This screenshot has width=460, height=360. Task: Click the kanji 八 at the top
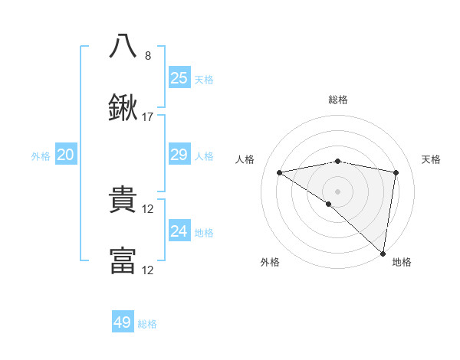pos(123,45)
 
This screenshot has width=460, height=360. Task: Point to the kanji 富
pos(123,260)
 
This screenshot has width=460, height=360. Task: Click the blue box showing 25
pos(179,77)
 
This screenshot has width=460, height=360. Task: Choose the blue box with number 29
pos(179,155)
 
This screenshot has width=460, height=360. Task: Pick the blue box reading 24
pos(179,231)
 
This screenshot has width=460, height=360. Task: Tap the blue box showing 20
pos(66,155)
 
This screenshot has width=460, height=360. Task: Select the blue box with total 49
pos(123,322)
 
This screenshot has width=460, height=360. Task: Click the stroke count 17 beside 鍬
pos(148,117)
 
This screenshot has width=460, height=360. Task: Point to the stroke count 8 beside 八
pos(148,55)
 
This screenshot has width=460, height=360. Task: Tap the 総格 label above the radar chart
pos(338,100)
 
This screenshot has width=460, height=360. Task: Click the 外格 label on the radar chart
pos(270,262)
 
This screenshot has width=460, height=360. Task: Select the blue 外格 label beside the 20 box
pos(41,156)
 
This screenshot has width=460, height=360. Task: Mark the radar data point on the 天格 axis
pos(396,172)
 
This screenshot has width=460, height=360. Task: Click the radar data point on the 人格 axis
pos(280,172)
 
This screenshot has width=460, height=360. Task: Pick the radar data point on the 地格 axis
pos(383,253)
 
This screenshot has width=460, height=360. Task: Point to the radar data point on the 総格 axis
pos(338,161)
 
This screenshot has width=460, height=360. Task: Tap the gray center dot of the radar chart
pos(338,191)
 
